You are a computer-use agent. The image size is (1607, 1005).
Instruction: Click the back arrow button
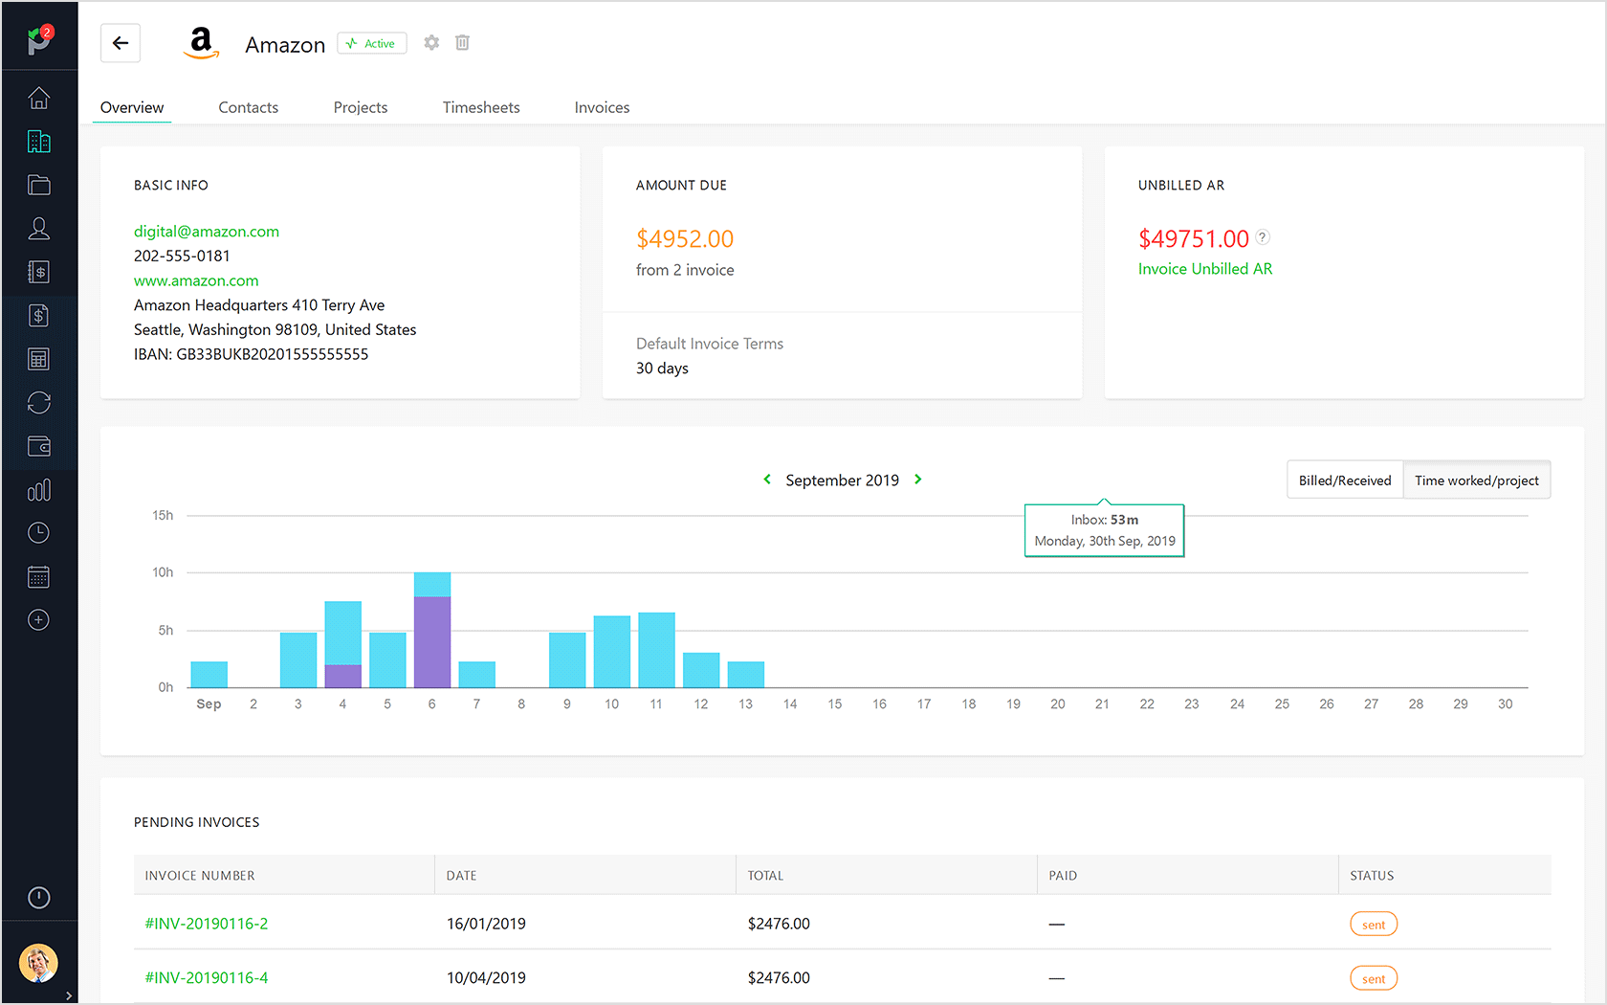(121, 43)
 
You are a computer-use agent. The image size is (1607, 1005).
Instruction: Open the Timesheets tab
(480, 107)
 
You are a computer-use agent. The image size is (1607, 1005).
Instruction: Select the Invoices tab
(602, 107)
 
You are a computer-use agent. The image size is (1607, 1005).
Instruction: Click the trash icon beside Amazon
(462, 43)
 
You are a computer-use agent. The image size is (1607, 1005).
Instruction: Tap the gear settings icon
(431, 43)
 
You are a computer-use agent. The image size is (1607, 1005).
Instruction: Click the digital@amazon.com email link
(207, 232)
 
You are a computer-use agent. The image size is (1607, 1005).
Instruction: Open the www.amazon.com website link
(196, 280)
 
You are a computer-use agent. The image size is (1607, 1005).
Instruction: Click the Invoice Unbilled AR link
(1204, 269)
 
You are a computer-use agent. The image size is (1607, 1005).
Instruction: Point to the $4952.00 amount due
(685, 238)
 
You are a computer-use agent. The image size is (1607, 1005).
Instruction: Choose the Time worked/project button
(1476, 480)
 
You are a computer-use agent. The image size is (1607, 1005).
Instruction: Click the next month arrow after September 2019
(918, 480)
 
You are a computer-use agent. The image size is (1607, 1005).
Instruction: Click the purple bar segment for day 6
(432, 641)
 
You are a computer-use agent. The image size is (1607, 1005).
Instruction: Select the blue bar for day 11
(656, 650)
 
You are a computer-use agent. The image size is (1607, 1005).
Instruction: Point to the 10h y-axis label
(163, 572)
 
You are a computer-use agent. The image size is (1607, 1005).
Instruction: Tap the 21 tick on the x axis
(1102, 704)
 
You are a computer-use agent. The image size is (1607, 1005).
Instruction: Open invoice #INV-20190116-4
(207, 977)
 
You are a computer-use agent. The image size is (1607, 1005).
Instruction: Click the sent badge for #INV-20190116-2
(1373, 925)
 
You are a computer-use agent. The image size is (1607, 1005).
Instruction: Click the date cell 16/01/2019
(486, 924)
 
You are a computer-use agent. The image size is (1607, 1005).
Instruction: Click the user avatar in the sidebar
(38, 963)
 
